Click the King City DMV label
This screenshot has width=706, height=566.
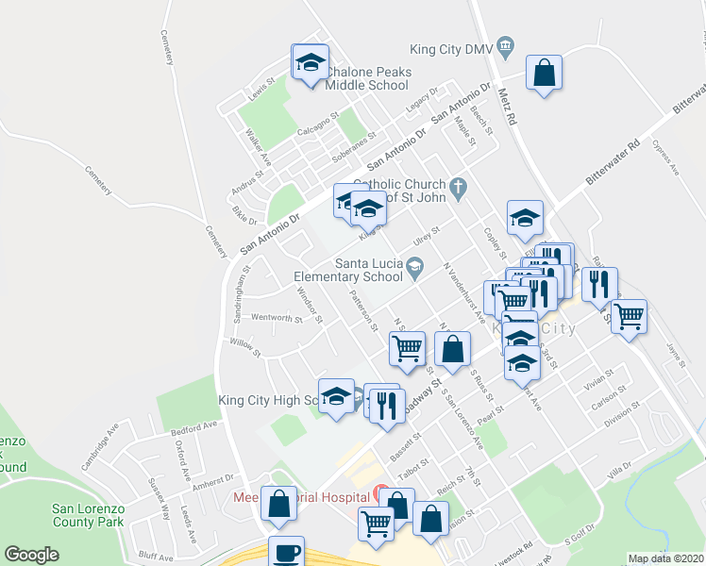pyautogui.click(x=451, y=49)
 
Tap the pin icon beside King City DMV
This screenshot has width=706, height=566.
pyautogui.click(x=506, y=45)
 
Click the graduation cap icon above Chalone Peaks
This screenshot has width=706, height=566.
pyautogui.click(x=310, y=64)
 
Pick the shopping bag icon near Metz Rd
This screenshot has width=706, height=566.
pyautogui.click(x=545, y=73)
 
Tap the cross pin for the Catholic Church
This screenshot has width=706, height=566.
pyautogui.click(x=459, y=187)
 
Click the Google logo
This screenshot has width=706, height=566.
pyautogui.click(x=31, y=555)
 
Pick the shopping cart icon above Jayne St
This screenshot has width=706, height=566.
pyautogui.click(x=629, y=316)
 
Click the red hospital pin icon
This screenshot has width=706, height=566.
pyautogui.click(x=380, y=493)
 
